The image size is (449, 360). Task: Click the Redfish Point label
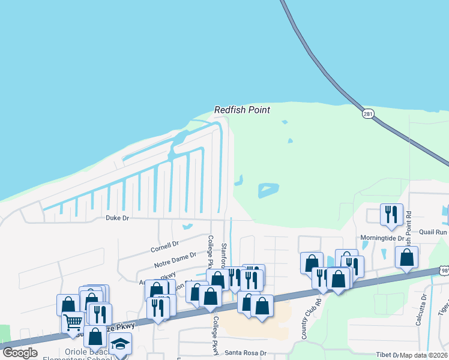tap(243, 110)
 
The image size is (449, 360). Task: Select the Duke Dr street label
tap(118, 218)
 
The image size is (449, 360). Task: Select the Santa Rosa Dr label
tap(245, 353)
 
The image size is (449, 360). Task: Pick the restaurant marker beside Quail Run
tap(391, 215)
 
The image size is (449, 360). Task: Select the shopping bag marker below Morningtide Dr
tap(406, 256)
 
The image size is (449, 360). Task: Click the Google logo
tap(20, 353)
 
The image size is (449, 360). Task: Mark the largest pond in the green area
tap(268, 190)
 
